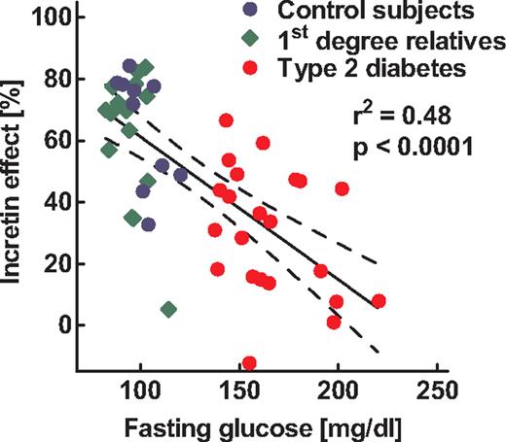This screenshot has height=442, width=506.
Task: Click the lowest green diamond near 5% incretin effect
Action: [x=168, y=309]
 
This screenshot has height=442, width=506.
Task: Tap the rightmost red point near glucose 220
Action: [x=379, y=301]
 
